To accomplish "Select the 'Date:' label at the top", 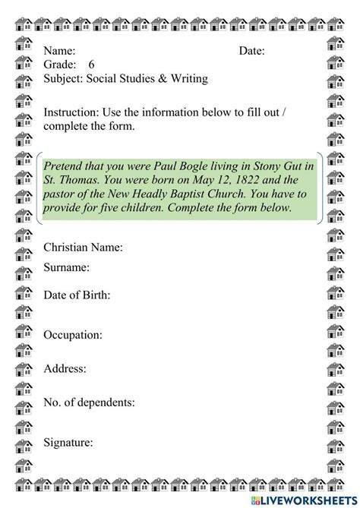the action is point(252,51).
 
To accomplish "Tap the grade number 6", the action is point(92,65).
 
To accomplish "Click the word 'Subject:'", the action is point(64,78).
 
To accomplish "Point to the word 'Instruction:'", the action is point(71,112).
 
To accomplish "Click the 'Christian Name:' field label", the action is point(83,248).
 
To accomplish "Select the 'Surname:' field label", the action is point(67,267).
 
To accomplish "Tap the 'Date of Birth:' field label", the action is point(77,295).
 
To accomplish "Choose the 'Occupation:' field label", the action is point(73,334).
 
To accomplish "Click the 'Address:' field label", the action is point(65,368).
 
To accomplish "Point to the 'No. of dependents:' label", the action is point(90,402).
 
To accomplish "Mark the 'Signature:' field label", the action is point(68,442).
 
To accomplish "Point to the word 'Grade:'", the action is point(60,65).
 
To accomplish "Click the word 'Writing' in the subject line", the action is point(188,78).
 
